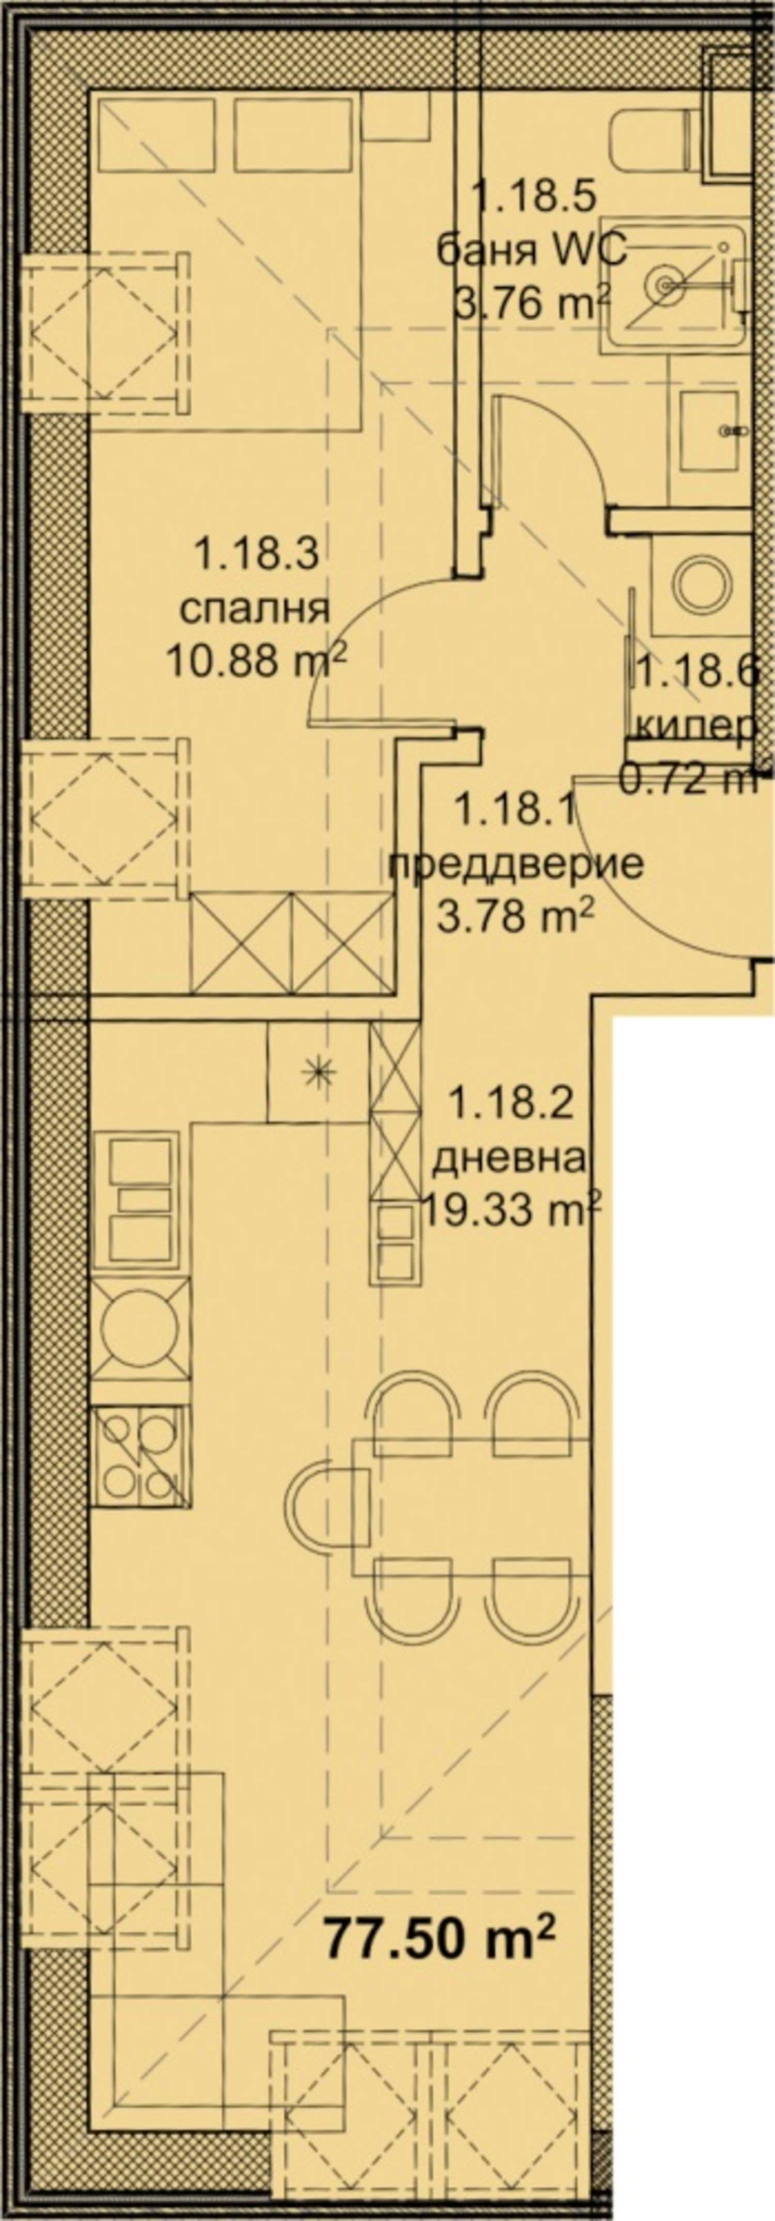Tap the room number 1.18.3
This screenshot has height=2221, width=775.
(257, 552)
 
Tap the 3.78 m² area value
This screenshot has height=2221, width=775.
(516, 917)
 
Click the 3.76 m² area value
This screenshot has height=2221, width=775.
(532, 303)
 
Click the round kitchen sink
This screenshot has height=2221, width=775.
(138, 1326)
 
